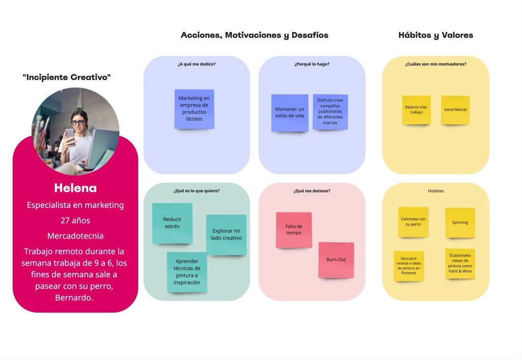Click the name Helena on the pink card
tap(75, 188)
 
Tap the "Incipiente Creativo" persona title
tap(67, 78)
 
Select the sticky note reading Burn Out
tap(336, 260)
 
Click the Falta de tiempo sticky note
tap(294, 230)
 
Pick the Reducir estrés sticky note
tap(172, 223)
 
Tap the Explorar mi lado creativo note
tap(226, 235)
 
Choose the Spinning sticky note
tap(460, 222)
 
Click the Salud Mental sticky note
tap(455, 110)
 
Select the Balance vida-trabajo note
tap(416, 110)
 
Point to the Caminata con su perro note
tap(413, 222)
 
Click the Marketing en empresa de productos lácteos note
tap(194, 109)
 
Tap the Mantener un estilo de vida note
tap(290, 113)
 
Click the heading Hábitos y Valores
tap(436, 35)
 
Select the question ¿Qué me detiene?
tap(312, 191)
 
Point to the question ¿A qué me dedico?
tap(197, 64)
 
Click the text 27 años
tap(75, 221)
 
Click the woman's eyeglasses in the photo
tap(77, 122)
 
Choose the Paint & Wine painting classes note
tap(460, 263)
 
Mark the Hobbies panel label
tap(436, 191)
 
